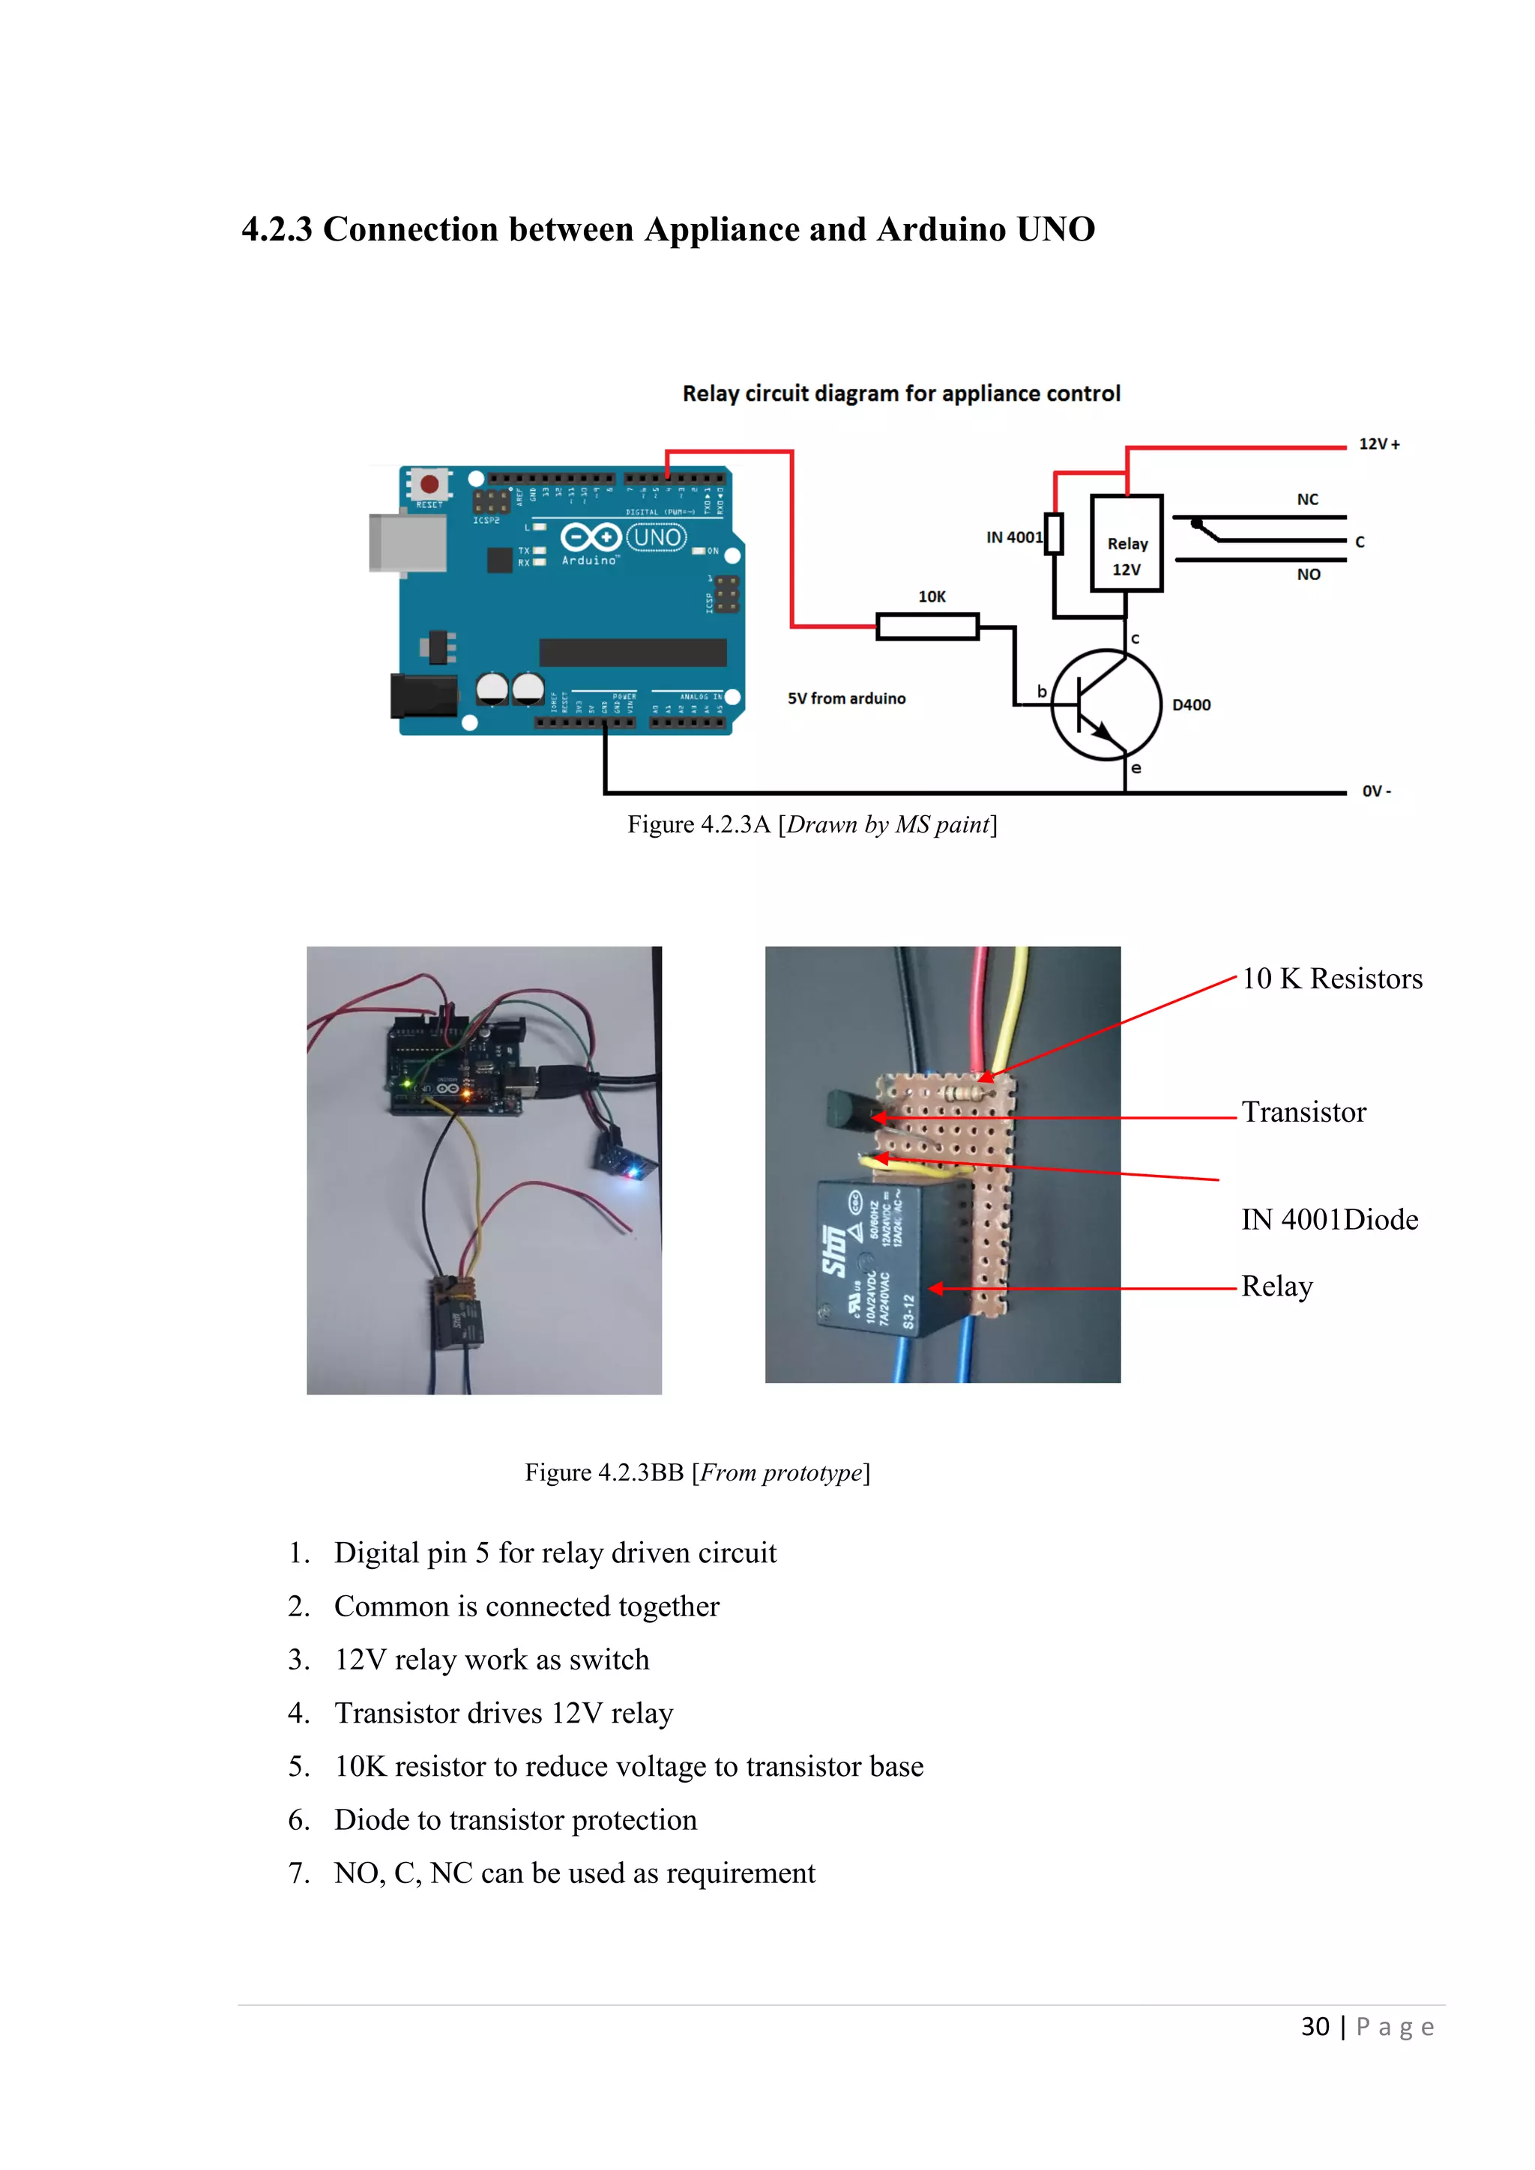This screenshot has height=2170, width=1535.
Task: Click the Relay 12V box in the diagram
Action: (1126, 543)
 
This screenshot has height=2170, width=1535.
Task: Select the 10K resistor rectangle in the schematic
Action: (927, 626)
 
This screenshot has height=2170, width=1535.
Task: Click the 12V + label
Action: (1379, 444)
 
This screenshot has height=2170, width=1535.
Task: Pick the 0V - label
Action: (1376, 791)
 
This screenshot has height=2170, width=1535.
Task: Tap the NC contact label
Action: (1307, 500)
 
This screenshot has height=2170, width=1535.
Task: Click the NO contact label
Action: (1308, 575)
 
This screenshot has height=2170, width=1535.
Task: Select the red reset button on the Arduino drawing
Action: (429, 484)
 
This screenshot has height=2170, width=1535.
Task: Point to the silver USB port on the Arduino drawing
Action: (408, 542)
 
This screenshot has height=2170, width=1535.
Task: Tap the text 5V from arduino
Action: (846, 698)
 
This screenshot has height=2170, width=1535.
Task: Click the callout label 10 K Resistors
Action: (1331, 979)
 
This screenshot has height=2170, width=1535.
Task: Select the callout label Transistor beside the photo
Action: (1303, 1113)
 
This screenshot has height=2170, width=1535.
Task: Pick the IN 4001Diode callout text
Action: (1329, 1220)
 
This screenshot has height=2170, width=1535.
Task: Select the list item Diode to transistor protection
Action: (515, 1820)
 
